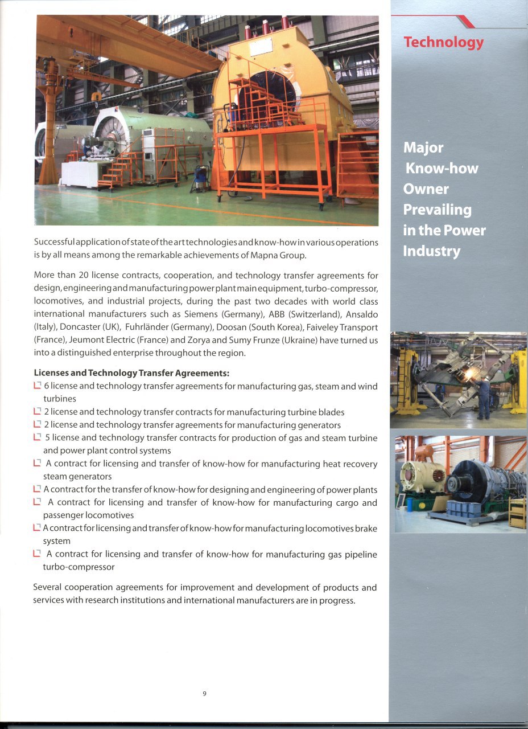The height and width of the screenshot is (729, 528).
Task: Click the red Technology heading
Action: tap(443, 42)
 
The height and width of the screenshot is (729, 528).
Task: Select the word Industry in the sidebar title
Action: tap(431, 251)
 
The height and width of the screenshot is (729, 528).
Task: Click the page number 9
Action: tap(204, 693)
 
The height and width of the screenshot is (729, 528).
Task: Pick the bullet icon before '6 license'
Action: tap(38, 386)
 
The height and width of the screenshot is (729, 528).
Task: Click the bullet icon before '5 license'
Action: tap(38, 438)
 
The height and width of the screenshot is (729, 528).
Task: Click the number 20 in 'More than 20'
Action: tap(83, 275)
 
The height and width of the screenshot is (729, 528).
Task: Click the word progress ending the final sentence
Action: tap(336, 600)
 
